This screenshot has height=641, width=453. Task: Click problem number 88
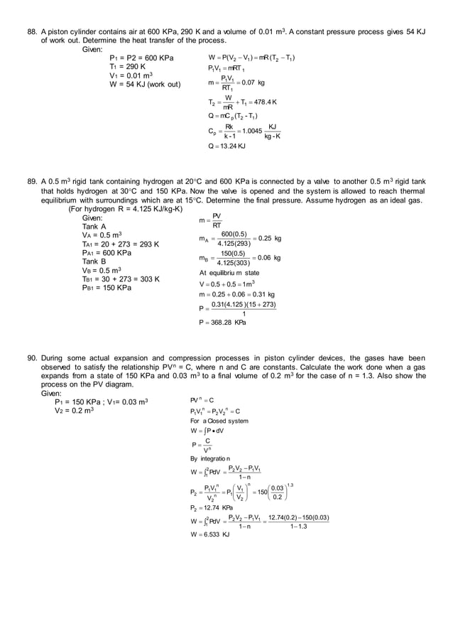32,32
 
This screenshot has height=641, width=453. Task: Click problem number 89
32,181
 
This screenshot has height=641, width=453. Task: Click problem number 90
32,357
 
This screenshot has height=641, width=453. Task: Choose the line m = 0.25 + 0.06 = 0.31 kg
237,294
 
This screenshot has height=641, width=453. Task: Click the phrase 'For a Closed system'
219,421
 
